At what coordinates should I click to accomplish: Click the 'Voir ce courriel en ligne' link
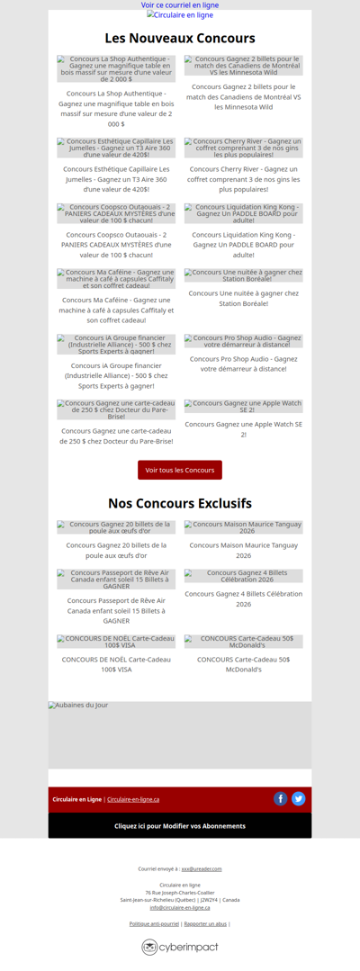click(180, 5)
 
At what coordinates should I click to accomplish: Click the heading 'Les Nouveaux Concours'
click(180, 39)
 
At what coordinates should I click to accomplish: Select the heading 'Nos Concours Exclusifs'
click(180, 503)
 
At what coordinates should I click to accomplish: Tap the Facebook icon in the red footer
click(280, 799)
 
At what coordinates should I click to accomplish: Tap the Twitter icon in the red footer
click(299, 799)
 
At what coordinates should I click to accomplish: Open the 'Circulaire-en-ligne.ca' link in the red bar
click(133, 799)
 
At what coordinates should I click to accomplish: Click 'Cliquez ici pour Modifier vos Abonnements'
click(180, 826)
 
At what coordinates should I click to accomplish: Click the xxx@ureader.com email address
click(202, 869)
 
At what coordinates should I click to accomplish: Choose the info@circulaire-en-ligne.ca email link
click(180, 907)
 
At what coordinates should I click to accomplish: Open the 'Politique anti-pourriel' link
click(154, 924)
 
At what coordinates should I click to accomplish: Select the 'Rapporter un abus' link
click(205, 924)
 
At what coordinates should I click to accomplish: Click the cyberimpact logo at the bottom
click(180, 947)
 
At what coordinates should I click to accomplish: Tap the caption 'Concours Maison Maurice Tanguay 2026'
click(243, 544)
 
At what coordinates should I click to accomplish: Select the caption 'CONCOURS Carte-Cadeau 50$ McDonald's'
click(243, 664)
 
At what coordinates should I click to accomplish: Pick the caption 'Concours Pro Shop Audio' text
click(243, 364)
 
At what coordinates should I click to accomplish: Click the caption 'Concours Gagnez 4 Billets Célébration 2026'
click(243, 598)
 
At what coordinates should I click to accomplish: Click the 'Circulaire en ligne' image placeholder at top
click(180, 15)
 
